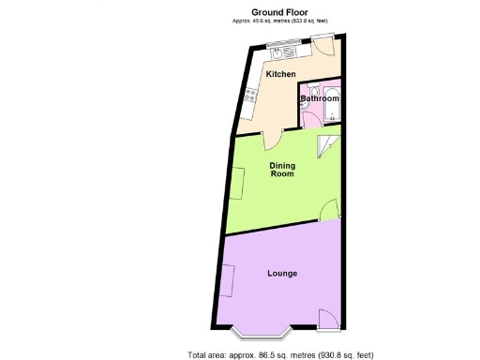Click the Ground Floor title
tap(281, 12)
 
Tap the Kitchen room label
tap(281, 74)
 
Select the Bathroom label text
tap(320, 98)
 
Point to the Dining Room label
tap(282, 170)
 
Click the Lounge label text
tap(282, 274)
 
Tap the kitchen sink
tap(279, 41)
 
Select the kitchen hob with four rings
tap(250, 94)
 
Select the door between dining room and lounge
tap(330, 211)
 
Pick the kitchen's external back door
tap(324, 45)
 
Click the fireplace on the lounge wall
tap(226, 280)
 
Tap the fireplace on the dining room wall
tap(240, 180)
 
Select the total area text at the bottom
tap(281, 354)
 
